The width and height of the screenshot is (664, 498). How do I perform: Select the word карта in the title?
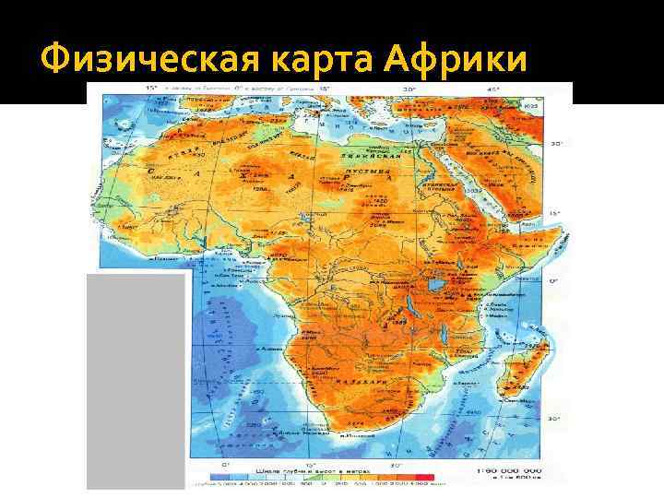pyautogui.click(x=300, y=60)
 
